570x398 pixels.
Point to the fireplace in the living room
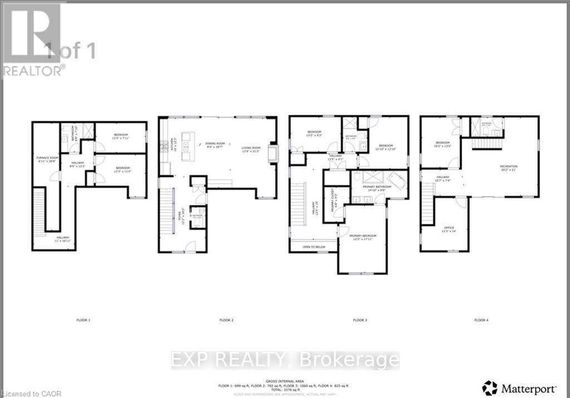272,153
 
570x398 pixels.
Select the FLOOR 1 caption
83,320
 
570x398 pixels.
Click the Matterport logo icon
489,387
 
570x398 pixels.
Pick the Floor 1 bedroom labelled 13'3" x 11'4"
122,169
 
